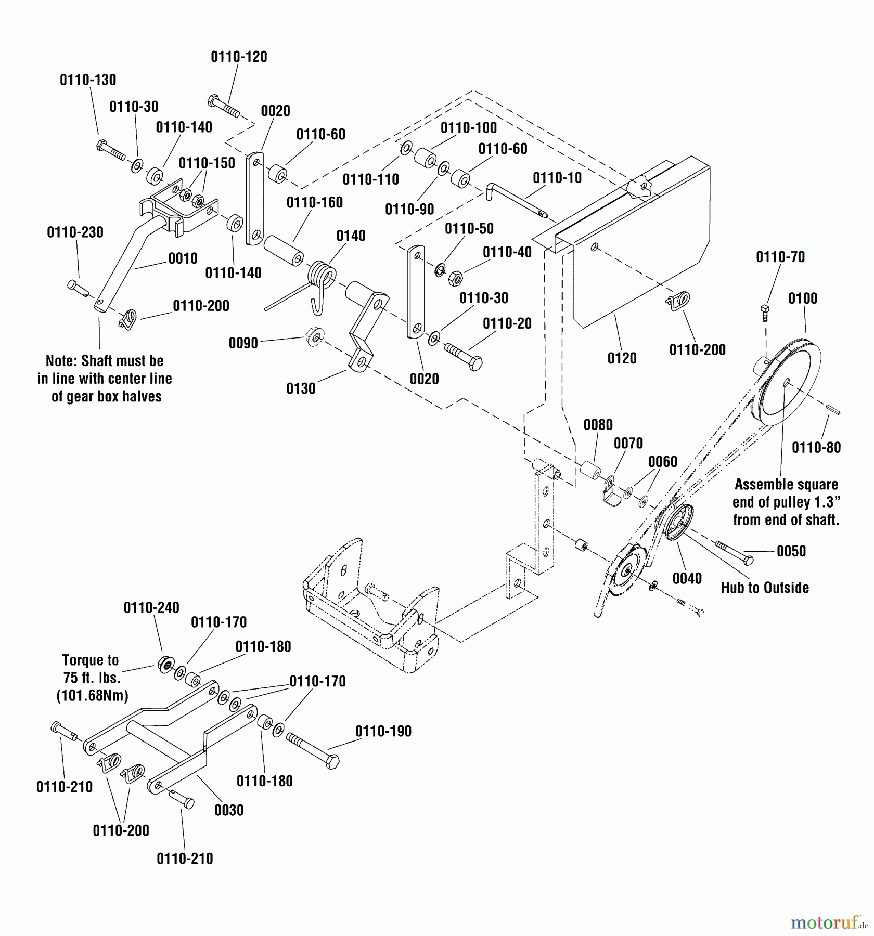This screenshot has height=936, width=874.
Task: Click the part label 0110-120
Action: coord(239,57)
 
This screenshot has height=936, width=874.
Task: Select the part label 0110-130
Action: coord(88,80)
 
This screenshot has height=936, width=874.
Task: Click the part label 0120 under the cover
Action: coord(622,358)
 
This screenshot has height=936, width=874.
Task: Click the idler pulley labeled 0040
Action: coord(676,524)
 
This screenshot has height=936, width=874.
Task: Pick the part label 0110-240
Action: coord(151,608)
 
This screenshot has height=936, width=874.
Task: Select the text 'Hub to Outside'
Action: coord(765,588)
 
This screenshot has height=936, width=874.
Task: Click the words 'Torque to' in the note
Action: coord(91,660)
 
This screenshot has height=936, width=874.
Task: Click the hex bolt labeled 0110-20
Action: coord(463,355)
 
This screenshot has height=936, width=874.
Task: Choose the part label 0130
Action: coord(301,389)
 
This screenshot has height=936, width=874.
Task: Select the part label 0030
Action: coord(229,810)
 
